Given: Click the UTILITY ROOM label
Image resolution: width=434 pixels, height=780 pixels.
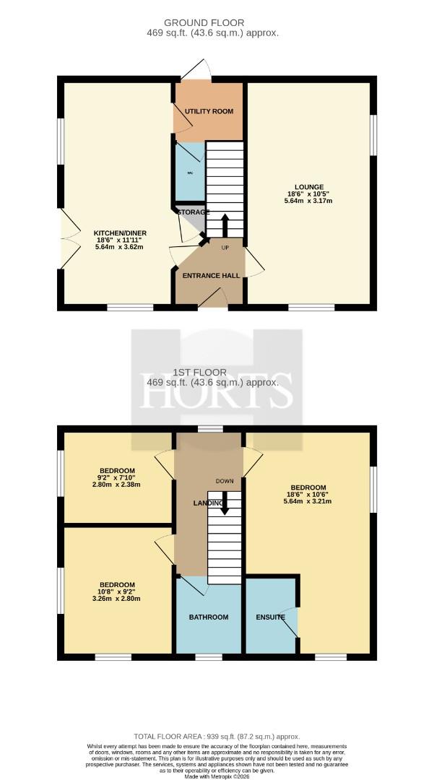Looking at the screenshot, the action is [x=209, y=111].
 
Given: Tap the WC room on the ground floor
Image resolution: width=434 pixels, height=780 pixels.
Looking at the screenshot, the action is [x=190, y=172].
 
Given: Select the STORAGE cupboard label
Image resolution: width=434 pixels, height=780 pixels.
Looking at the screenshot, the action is [x=193, y=212].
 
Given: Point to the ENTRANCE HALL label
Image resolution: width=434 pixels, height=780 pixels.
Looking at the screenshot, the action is [x=211, y=276].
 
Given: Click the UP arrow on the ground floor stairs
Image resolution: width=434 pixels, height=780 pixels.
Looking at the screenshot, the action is [x=225, y=225].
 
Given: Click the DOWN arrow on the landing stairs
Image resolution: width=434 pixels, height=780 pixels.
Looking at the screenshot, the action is [x=225, y=503].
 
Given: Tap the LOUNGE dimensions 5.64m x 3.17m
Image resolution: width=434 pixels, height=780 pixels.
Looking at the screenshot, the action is [x=308, y=201].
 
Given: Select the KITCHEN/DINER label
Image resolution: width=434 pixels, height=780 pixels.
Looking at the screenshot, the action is [x=121, y=233].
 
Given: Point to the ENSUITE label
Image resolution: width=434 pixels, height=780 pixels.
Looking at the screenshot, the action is [x=271, y=617].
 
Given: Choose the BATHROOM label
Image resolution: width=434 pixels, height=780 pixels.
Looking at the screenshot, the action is [x=209, y=617].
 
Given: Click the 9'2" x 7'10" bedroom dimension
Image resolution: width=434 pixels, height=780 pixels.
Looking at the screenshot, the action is [x=117, y=477].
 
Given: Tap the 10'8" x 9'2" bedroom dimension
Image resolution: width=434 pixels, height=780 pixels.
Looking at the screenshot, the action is [x=117, y=592].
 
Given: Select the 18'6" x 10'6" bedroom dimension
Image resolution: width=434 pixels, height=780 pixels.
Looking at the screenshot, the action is [x=309, y=495].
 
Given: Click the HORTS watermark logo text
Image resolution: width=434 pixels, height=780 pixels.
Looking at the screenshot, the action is [x=216, y=391].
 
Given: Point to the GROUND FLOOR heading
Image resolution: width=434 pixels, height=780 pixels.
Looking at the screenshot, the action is [x=204, y=23].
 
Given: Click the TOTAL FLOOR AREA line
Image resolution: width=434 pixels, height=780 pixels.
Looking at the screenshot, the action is [x=217, y=736].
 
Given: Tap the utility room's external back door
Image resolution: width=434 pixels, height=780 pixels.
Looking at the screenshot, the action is [x=196, y=70].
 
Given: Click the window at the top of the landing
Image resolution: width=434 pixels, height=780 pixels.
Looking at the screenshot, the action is [x=210, y=429].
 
